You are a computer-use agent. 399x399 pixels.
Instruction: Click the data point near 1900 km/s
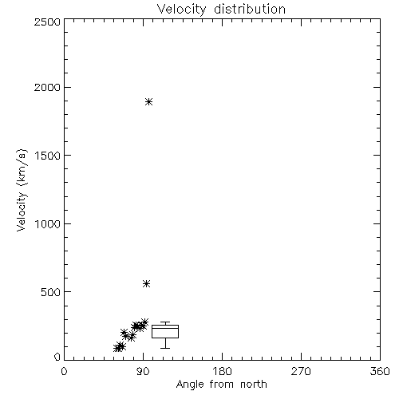point(149,101)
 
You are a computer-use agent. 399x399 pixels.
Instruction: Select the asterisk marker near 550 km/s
point(146,284)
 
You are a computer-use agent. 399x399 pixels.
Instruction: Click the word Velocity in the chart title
point(181,10)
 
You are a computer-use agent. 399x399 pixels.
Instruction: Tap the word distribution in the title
point(250,9)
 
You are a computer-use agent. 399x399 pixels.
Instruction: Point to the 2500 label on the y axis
point(47,22)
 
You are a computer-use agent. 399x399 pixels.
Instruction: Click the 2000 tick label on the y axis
point(47,87)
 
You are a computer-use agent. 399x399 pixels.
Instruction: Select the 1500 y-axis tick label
point(48,156)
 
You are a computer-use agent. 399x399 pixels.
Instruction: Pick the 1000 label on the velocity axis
point(48,224)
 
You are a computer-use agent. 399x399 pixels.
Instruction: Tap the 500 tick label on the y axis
point(50,292)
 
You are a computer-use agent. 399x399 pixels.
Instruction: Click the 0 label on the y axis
point(57,357)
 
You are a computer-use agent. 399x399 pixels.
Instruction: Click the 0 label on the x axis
point(64,371)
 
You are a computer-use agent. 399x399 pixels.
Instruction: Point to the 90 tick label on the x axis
point(143,371)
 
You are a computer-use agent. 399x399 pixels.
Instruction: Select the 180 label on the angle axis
point(222,371)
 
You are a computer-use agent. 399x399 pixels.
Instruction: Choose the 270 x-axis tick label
point(301,371)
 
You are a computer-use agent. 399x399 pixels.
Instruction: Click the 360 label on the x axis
point(380,371)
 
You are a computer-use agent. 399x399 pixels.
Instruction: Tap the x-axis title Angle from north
point(222,385)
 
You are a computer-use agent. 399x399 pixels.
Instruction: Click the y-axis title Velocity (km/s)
point(22,190)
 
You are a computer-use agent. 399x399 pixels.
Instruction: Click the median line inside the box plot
point(165,328)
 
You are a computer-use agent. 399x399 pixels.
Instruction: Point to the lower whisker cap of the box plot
point(165,348)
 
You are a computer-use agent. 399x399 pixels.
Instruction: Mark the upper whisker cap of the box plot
point(165,322)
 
